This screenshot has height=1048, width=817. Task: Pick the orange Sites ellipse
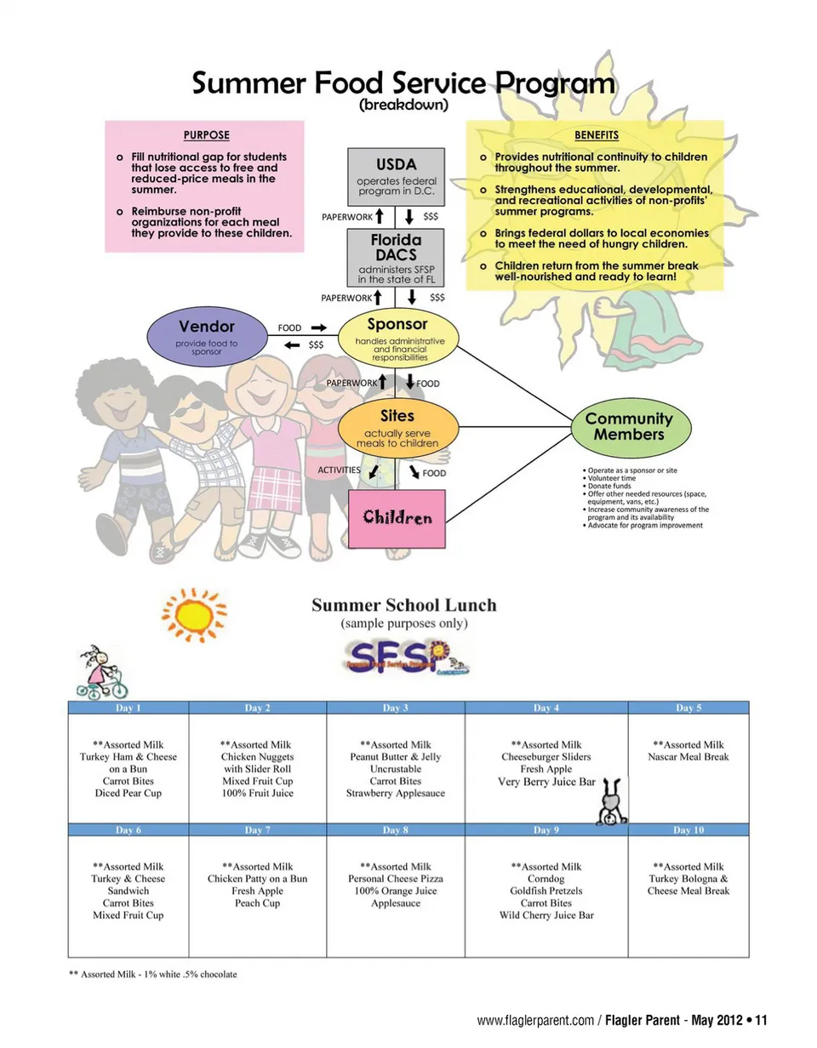tap(397, 430)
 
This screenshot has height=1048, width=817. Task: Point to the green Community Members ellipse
tap(629, 426)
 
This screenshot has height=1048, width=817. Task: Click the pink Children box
tap(397, 517)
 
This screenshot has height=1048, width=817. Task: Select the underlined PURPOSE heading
tap(207, 134)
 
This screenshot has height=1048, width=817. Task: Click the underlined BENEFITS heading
tap(596, 134)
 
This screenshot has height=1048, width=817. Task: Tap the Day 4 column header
tap(546, 708)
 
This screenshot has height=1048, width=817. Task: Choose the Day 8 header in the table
tap(395, 829)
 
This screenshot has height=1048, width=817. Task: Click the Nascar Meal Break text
tap(688, 757)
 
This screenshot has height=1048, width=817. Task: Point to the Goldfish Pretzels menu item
tap(546, 891)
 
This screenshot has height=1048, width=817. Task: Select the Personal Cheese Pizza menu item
tap(396, 879)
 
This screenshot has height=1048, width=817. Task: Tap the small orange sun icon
tap(195, 613)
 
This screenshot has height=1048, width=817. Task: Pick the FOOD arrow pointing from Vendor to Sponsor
tap(318, 327)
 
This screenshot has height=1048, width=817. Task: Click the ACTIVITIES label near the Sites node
tap(339, 470)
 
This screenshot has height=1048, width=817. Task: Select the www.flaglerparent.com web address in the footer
tap(534, 1020)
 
